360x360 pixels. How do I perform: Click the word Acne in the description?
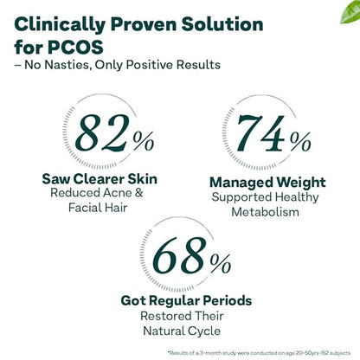(131, 195)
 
